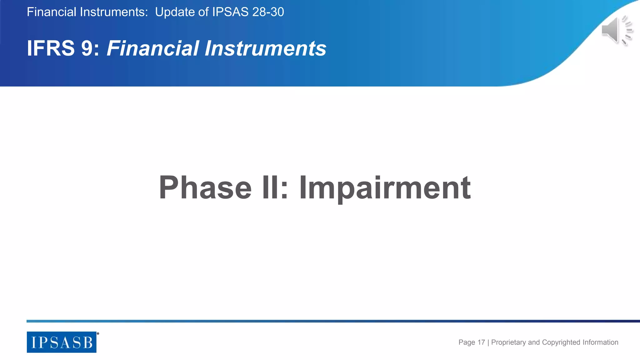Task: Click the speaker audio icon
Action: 616,30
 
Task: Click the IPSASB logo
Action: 62,342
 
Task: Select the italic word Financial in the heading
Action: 153,48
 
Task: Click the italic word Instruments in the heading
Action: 265,48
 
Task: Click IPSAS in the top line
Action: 230,12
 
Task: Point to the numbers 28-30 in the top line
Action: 268,12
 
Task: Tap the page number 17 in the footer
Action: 481,342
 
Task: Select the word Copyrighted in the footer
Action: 561,342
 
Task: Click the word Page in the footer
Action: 467,342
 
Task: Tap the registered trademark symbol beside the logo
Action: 98,334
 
